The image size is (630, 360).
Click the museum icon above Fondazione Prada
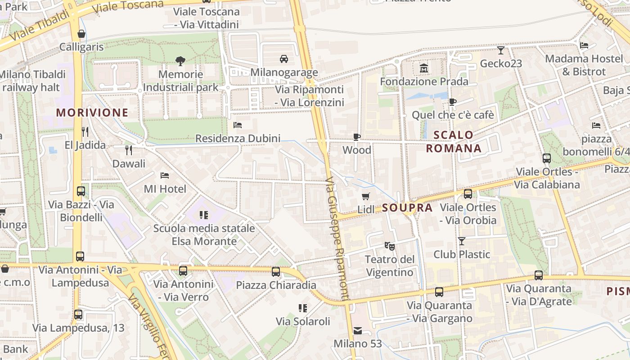[424, 68]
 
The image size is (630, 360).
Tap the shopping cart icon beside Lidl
[366, 196]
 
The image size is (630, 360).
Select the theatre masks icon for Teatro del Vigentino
[389, 246]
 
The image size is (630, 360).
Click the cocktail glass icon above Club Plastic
[462, 241]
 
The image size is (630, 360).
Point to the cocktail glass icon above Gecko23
[501, 50]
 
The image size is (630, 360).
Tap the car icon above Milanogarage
[284, 58]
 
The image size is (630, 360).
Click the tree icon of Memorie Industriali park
[180, 61]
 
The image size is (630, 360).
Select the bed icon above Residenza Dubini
[238, 125]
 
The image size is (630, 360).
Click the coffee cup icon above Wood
[357, 137]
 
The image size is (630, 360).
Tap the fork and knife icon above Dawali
[129, 150]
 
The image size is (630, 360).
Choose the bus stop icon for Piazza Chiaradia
[276, 272]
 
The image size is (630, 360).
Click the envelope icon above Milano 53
[357, 331]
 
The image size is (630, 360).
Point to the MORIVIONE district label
[92, 112]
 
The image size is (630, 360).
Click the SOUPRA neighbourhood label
[407, 208]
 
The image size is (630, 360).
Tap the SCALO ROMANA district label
[454, 141]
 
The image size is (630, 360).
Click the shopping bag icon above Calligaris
[81, 34]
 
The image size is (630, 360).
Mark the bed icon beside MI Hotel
[165, 175]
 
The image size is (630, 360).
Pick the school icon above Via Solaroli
[303, 308]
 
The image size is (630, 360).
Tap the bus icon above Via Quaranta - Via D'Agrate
[539, 275]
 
